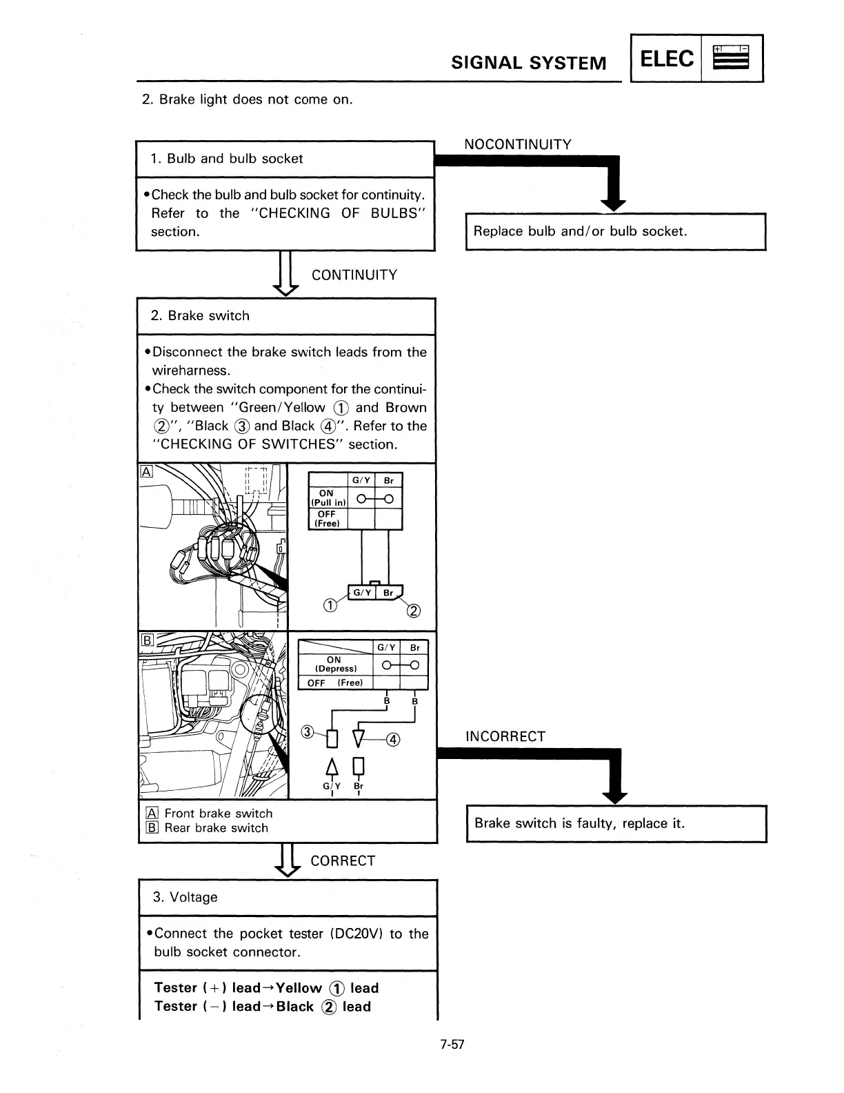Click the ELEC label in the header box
(666, 59)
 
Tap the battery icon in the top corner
(731, 59)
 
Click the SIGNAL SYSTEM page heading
(529, 63)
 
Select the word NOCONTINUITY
(518, 144)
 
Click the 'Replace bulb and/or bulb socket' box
(615, 232)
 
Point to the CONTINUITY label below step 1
(354, 275)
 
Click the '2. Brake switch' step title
(200, 316)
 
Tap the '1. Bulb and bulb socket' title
(226, 159)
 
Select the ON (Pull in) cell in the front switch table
(327, 498)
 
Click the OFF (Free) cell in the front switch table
(327, 519)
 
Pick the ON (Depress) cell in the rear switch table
(335, 664)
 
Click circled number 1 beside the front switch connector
(330, 607)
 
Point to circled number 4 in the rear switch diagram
(392, 740)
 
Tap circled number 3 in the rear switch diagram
(309, 732)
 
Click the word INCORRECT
(505, 736)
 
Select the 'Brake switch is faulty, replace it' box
(616, 823)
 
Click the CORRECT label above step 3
(343, 861)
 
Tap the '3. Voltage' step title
(185, 897)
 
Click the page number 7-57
(452, 1044)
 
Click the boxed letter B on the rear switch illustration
(146, 640)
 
